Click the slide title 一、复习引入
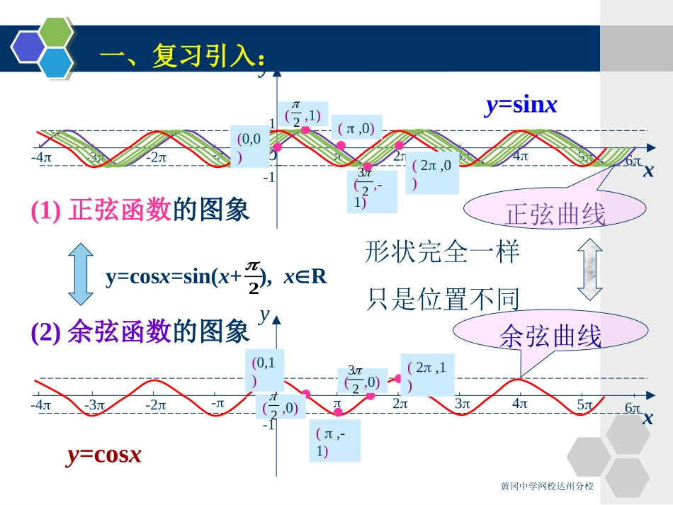pyautogui.click(x=183, y=57)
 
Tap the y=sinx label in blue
pyautogui.click(x=521, y=106)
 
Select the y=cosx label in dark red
pyautogui.click(x=104, y=455)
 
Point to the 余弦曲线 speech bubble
pyautogui.click(x=549, y=335)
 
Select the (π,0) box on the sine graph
pyautogui.click(x=356, y=129)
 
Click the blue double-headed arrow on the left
pyautogui.click(x=79, y=275)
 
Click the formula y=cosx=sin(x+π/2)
pyautogui.click(x=216, y=276)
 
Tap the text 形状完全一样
pyautogui.click(x=443, y=252)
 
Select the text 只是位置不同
pyautogui.click(x=443, y=300)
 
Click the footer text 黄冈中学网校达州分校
pyautogui.click(x=546, y=487)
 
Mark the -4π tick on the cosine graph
pyautogui.click(x=41, y=405)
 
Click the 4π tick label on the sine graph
pyautogui.click(x=521, y=156)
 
